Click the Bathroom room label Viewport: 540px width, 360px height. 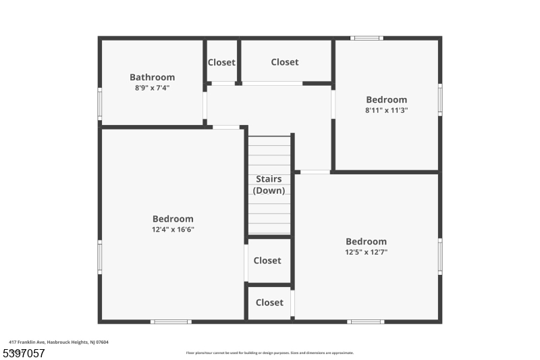pos(152,77)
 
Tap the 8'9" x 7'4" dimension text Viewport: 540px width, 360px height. pos(152,87)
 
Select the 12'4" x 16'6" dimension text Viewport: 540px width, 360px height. pos(173,230)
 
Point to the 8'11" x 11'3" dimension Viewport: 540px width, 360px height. pos(386,110)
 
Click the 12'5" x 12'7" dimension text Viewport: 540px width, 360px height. pos(366,252)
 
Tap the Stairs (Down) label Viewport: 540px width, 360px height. pos(269,184)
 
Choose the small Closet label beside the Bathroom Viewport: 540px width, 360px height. pos(221,62)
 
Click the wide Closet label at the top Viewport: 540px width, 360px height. pos(284,62)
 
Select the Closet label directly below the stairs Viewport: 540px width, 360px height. pos(267,261)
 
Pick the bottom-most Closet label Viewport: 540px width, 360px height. pos(269,303)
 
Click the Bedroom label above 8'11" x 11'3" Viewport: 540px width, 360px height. pos(386,99)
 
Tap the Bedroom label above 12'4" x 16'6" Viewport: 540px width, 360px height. pos(173,219)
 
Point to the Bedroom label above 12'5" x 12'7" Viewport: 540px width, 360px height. pos(366,241)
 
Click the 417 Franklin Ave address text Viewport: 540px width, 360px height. pos(59,342)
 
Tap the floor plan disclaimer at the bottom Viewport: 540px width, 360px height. pos(269,353)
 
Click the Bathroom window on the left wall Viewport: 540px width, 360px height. pos(100,104)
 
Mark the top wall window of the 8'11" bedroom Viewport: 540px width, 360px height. pos(367,38)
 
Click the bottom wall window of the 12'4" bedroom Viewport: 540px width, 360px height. pos(171,322)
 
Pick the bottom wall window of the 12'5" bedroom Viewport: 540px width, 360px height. pos(365,322)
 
